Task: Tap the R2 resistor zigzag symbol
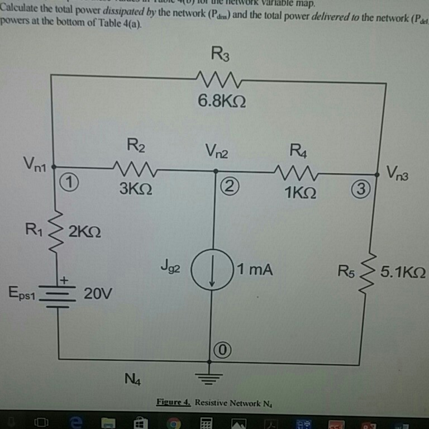(x=136, y=167)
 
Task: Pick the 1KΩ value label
(x=300, y=193)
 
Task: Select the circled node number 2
(x=227, y=186)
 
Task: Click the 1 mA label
(x=254, y=270)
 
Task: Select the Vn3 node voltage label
(x=399, y=173)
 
